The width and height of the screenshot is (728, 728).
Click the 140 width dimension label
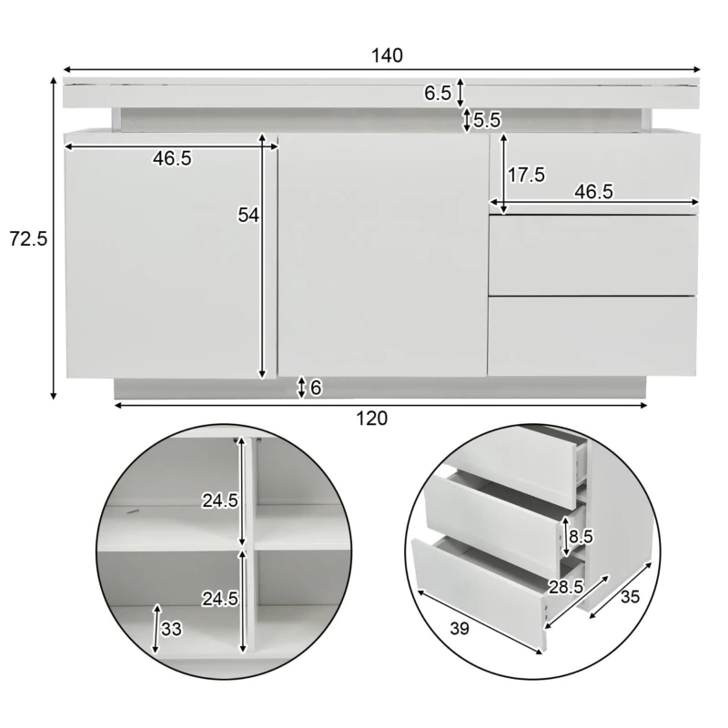point(386,56)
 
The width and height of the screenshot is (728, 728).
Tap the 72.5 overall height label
point(28,239)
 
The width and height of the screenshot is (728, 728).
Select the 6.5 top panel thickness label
point(438,92)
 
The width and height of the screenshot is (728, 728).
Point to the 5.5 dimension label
point(488,119)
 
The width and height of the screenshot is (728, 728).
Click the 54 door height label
point(248,216)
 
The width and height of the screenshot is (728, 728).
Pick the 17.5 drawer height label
point(526,175)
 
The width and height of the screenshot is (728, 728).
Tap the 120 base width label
point(371,419)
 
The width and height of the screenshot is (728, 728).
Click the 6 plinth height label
point(316,389)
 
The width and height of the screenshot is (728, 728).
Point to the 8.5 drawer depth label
point(581,537)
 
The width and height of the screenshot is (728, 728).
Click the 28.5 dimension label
point(566,587)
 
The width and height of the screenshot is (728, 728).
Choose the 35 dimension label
point(630,598)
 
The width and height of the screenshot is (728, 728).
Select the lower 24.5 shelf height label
point(219,599)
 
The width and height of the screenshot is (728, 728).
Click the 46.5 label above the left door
point(172,158)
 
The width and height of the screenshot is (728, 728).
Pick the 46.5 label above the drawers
point(593,192)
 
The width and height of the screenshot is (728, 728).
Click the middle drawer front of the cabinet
point(592,255)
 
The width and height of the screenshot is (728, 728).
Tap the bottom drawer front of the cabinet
point(592,335)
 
